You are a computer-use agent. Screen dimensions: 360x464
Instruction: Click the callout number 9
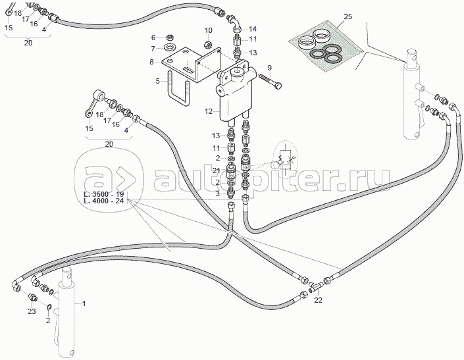tap(270, 68)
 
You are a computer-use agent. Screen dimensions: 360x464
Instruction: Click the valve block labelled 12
tap(235, 92)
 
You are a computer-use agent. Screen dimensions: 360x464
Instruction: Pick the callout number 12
tap(208, 112)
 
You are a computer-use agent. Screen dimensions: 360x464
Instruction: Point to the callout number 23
tap(32, 312)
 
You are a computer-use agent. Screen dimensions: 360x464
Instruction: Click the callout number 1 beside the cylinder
tap(84, 303)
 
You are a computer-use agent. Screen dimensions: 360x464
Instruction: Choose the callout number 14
tap(253, 29)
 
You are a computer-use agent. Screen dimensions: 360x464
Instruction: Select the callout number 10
tap(208, 30)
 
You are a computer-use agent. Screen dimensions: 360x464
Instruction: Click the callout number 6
tap(153, 38)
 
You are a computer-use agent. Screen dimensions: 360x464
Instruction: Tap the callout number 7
tap(153, 49)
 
